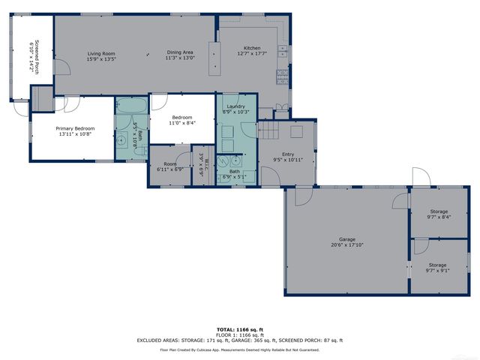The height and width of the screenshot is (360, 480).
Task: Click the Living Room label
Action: (x=100, y=53)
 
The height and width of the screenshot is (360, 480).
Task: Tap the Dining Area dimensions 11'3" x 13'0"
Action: (x=180, y=58)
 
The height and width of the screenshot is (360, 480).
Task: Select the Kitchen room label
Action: (x=251, y=48)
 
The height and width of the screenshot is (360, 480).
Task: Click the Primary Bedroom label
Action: (x=73, y=128)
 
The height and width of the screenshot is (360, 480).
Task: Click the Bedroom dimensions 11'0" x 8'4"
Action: (x=183, y=124)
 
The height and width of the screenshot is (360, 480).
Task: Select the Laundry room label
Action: (x=236, y=107)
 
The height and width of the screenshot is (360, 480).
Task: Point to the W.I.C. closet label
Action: (x=202, y=163)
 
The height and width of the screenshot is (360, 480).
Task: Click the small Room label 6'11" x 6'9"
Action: (x=170, y=164)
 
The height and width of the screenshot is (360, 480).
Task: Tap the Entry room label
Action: (x=288, y=154)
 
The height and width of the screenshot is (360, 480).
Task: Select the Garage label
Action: (x=346, y=239)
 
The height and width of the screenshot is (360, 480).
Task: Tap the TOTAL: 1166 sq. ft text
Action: (x=239, y=329)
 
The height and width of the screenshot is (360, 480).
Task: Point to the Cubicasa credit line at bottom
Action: (x=239, y=349)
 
